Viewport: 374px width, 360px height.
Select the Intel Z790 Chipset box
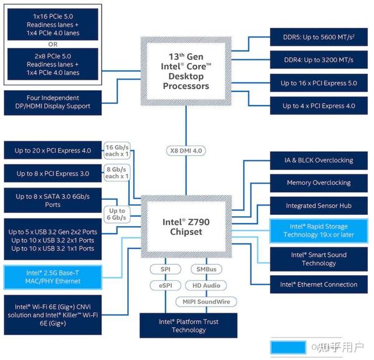[x=185, y=226]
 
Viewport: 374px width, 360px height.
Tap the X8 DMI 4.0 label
[x=186, y=151]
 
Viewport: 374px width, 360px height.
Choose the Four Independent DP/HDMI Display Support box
[x=53, y=102]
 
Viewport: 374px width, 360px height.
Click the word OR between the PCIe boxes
[x=53, y=44]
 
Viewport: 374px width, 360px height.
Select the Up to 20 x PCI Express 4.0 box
[x=53, y=150]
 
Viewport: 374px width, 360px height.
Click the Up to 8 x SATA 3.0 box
[x=53, y=200]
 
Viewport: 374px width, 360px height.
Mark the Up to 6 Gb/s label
[x=117, y=214]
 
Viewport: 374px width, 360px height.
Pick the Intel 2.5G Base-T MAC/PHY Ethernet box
[x=53, y=277]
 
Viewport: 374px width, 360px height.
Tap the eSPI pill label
[x=165, y=285]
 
